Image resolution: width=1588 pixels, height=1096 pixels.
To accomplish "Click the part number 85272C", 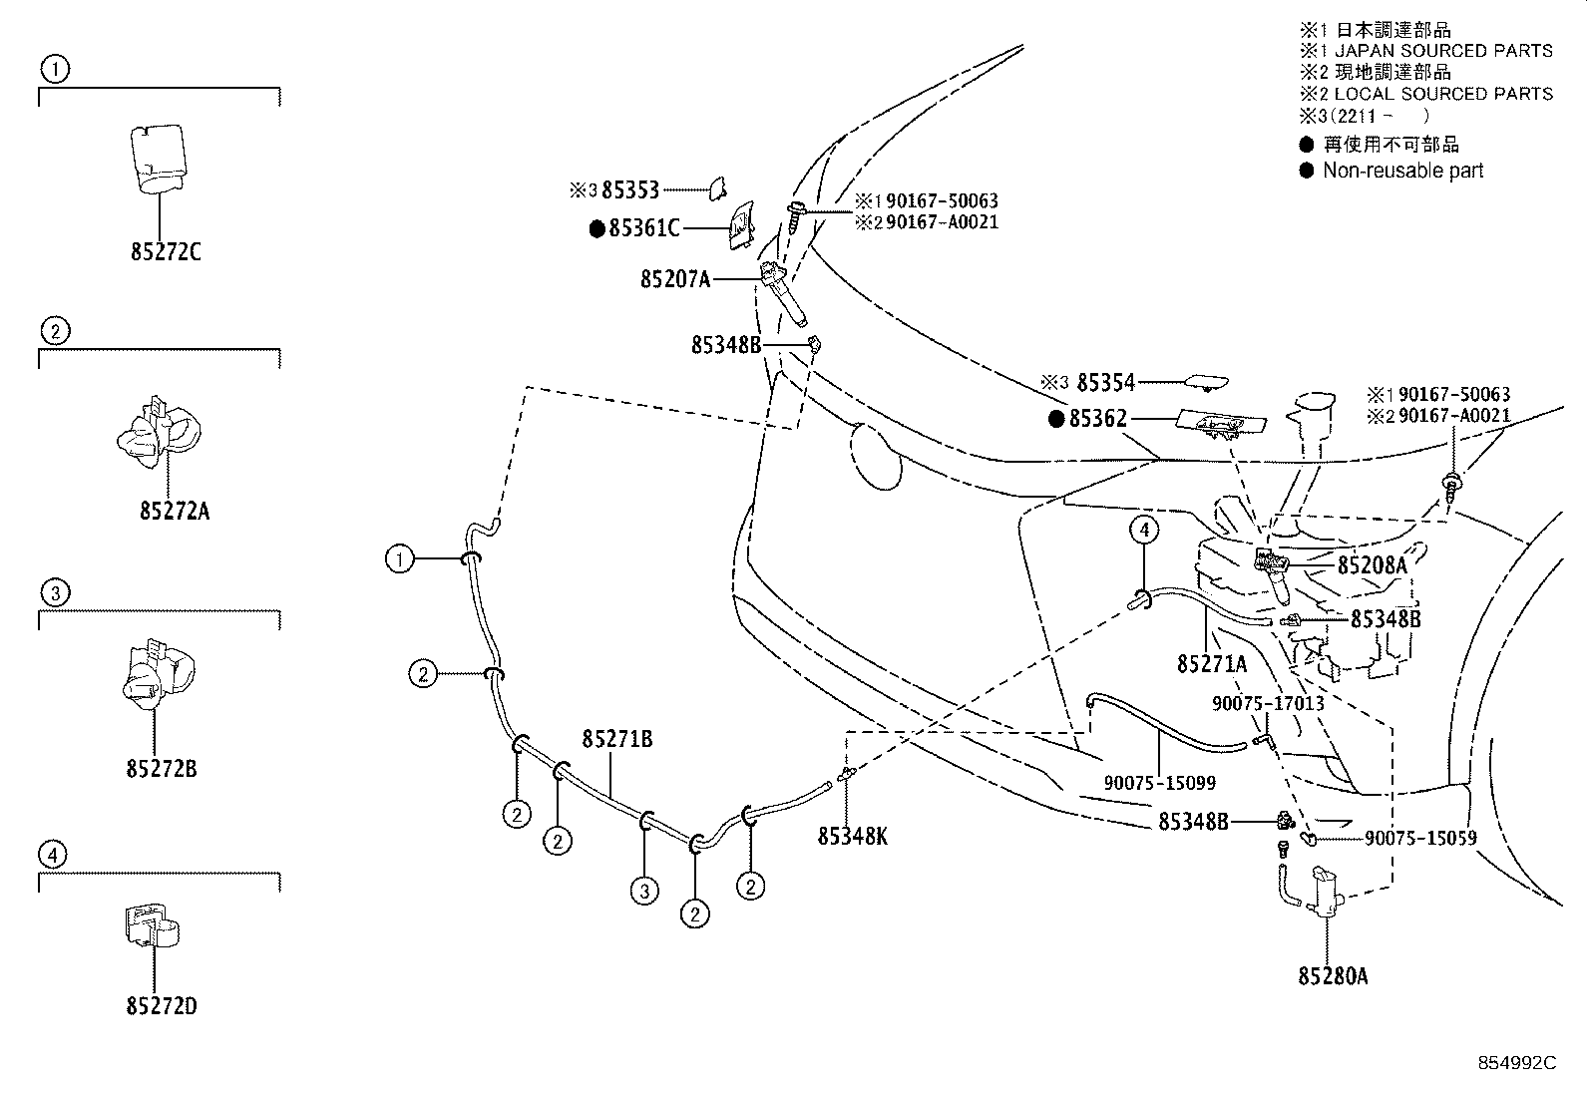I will (165, 252).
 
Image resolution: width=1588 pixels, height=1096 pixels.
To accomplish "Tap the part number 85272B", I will (162, 770).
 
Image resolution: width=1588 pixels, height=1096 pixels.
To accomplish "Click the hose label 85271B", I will (617, 739).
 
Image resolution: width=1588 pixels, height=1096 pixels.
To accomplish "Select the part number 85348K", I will (853, 837).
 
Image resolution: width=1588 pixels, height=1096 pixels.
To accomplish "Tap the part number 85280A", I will (1333, 976).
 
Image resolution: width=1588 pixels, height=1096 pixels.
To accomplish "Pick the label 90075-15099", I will (1159, 783).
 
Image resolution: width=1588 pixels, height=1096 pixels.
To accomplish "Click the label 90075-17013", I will (1268, 703).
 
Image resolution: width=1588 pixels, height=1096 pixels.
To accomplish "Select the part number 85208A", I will (1372, 565).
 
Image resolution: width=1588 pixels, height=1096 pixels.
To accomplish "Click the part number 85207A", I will (675, 280).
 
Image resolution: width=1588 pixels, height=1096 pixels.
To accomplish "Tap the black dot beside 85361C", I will (597, 229).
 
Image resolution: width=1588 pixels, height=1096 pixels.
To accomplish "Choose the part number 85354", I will (1106, 383).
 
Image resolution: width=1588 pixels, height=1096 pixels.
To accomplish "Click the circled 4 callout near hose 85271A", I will (1145, 530).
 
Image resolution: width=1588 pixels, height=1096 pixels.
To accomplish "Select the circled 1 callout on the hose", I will (399, 559).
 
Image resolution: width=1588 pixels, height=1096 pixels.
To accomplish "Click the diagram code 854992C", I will (1516, 1064).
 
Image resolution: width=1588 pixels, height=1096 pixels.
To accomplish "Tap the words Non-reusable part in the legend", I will (1402, 171).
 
